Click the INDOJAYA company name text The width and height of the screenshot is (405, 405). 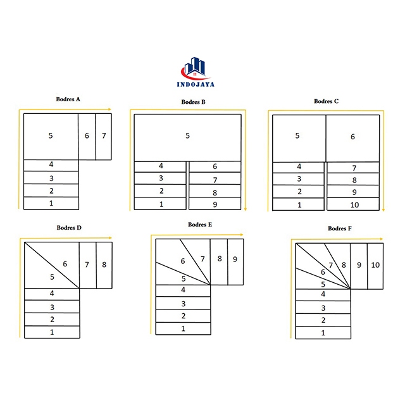(x=196, y=84)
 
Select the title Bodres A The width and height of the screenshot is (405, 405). (x=68, y=99)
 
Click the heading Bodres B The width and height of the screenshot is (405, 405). (x=193, y=102)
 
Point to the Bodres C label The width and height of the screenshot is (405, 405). (x=327, y=101)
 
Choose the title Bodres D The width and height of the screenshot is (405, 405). (x=69, y=228)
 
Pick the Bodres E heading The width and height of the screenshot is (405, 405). (x=200, y=225)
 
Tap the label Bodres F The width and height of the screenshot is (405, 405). (x=340, y=228)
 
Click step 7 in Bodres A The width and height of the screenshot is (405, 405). (x=104, y=137)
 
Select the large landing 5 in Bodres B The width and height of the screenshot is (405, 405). (x=188, y=138)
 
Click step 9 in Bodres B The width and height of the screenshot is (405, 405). (x=215, y=204)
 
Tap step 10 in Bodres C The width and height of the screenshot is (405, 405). (x=353, y=204)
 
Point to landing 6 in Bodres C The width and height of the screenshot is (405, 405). (x=353, y=139)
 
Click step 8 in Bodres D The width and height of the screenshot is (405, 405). (x=104, y=265)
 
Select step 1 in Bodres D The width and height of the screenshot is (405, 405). (x=52, y=332)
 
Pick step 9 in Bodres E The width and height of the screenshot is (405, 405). (x=235, y=262)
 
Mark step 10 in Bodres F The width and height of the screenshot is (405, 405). (x=375, y=266)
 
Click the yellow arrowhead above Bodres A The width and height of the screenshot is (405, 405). (x=109, y=109)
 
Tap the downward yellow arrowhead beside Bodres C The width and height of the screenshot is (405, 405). (x=383, y=209)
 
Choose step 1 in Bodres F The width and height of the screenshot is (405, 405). (x=323, y=333)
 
